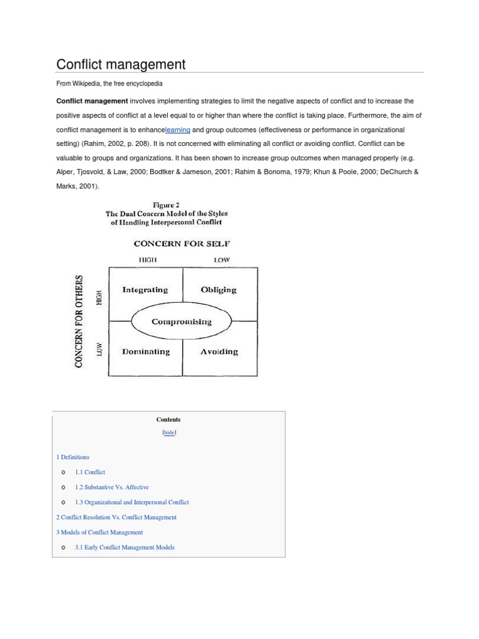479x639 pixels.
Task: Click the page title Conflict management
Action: (121, 64)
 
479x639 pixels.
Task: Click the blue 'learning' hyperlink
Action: (178, 130)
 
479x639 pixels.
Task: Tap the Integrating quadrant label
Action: (145, 290)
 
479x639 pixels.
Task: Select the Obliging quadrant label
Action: (218, 290)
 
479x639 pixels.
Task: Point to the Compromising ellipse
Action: (181, 322)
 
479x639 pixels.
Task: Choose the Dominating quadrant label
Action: (145, 351)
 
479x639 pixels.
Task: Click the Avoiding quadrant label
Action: (219, 351)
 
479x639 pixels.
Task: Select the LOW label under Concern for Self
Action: (221, 260)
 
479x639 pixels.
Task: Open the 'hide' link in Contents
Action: (168, 432)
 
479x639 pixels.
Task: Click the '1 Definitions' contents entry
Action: (73, 457)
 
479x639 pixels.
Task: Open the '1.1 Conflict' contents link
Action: (90, 472)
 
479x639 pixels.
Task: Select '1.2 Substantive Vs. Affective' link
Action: (112, 487)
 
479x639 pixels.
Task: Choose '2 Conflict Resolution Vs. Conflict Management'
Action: (117, 517)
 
